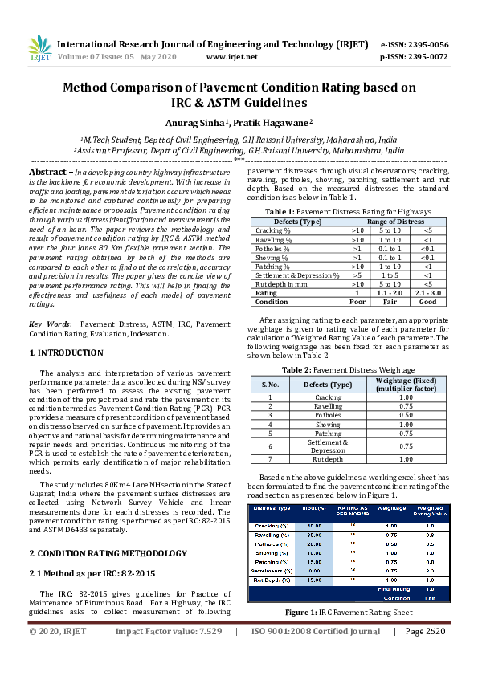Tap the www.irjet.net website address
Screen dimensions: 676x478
coord(231,57)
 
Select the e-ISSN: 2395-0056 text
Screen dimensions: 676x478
coord(415,44)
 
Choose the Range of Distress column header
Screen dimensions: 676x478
coord(395,221)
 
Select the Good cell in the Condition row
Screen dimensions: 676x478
coord(427,302)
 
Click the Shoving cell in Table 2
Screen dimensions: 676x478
coord(328,424)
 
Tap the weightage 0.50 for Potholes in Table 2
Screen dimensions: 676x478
coord(406,415)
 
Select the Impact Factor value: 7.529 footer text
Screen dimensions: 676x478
coord(168,654)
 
